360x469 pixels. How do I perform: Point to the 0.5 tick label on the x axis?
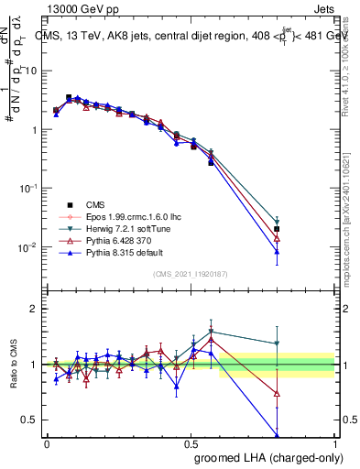coord(191,442)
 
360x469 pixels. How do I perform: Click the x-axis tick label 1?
coord(335,442)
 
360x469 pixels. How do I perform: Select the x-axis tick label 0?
coord(47,442)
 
